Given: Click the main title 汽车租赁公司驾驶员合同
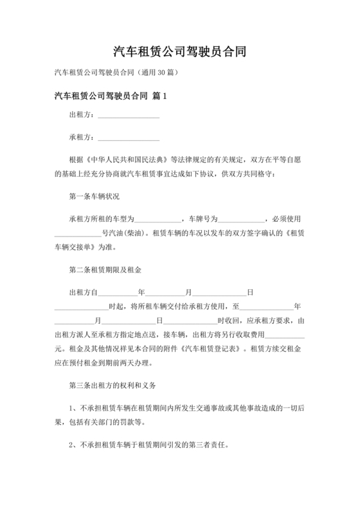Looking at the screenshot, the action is pos(180,51).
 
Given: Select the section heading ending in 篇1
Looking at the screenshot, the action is pos(111,96).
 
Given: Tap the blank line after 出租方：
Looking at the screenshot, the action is pos(128,116).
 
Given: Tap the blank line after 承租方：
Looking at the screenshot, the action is pos(128,138).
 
